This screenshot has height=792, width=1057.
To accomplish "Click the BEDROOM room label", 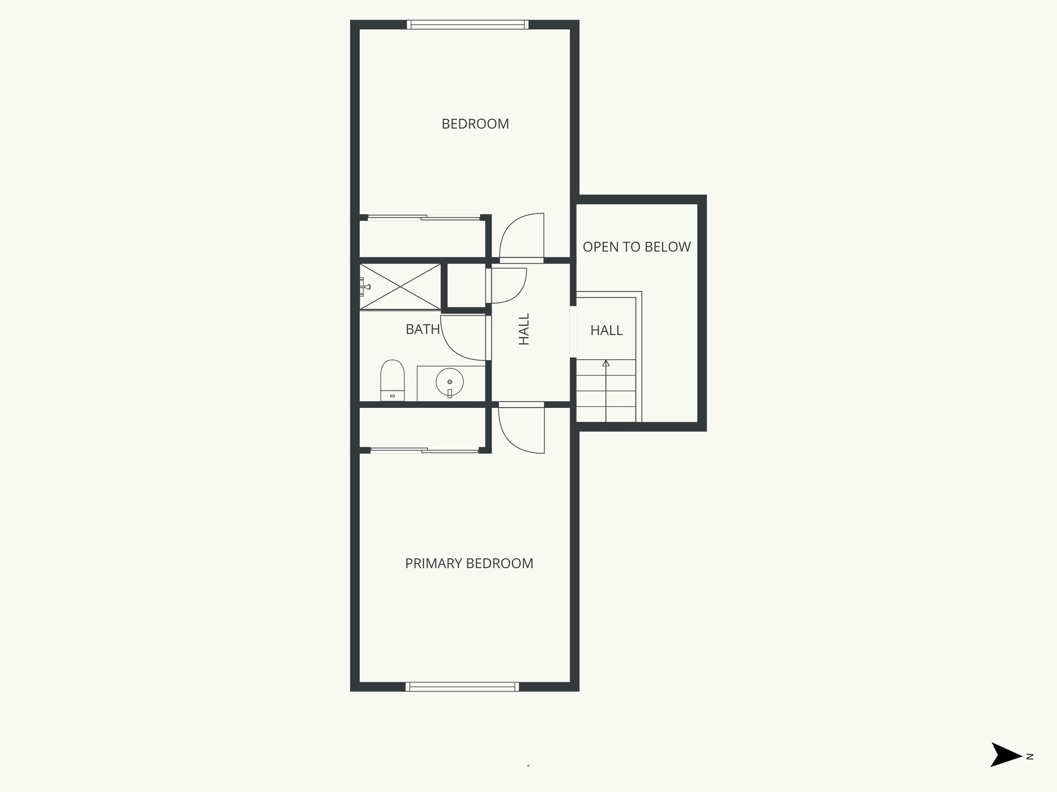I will coord(475,124).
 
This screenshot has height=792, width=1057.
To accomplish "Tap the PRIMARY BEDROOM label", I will coord(469,564).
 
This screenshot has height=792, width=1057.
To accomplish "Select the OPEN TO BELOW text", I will coord(636,247).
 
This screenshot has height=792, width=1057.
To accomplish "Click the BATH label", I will coord(422,329).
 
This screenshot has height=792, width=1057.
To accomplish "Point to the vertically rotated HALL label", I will coord(524,329).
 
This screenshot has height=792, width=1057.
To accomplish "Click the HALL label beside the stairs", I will coord(606,331).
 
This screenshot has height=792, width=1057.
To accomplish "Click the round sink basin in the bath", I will coord(450,382).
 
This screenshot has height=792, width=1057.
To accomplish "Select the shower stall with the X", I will coord(400,287).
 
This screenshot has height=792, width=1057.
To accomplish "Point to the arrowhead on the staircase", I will coord(606,364).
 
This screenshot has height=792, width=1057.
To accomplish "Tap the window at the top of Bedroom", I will coord(468,24).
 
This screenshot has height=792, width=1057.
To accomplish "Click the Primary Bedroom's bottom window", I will coord(462,686).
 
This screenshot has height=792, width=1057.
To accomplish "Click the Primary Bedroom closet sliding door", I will coord(424,451).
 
